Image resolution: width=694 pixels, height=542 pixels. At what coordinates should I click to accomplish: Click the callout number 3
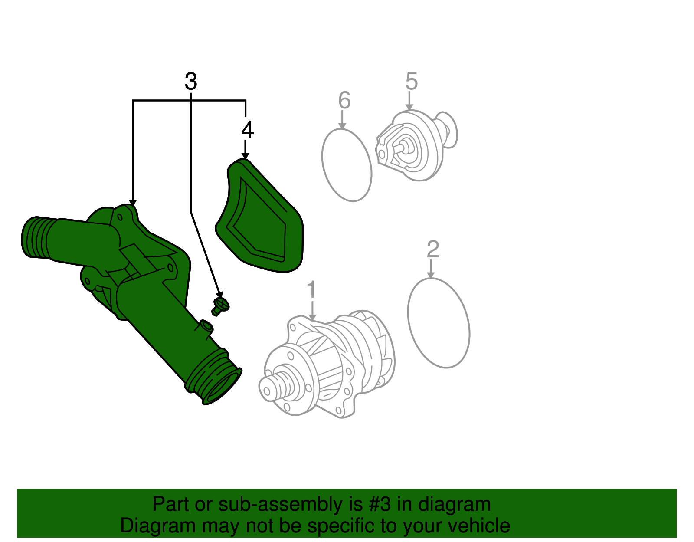click(x=191, y=82)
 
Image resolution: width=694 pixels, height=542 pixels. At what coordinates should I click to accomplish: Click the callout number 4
click(x=247, y=130)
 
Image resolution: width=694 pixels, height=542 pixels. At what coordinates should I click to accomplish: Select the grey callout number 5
click(x=411, y=81)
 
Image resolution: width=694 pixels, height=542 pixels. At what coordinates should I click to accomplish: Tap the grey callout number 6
click(x=344, y=100)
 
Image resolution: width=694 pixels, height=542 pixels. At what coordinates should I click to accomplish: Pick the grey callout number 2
click(x=432, y=250)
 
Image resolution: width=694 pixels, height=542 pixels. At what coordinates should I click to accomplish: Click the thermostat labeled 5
click(x=412, y=145)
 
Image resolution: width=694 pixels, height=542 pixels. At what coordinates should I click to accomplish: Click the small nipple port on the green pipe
click(x=206, y=326)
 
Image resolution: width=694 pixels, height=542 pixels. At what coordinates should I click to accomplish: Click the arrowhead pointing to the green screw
click(x=219, y=295)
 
